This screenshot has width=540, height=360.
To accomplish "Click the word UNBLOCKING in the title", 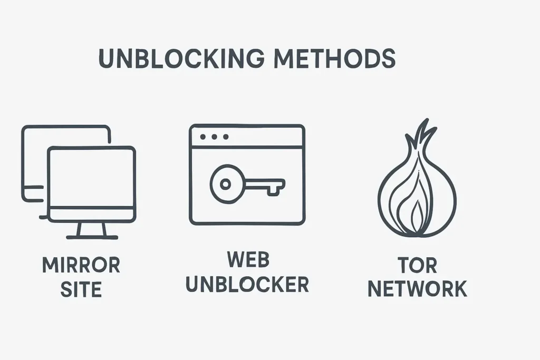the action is click(x=181, y=58).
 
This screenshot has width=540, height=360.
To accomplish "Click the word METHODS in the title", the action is click(x=335, y=58).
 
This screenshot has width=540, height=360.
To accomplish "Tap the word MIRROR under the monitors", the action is click(x=81, y=265).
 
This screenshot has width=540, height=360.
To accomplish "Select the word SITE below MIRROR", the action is click(x=81, y=289).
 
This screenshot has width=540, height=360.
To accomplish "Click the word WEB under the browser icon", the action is click(x=248, y=259).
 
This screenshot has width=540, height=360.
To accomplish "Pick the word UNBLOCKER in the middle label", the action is click(x=248, y=284).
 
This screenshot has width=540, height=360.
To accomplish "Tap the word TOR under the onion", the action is click(x=418, y=265).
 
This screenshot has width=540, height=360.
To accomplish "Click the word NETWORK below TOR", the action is click(x=418, y=289).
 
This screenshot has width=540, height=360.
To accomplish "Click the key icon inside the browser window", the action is click(x=247, y=184).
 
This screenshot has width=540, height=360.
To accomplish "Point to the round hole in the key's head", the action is click(x=225, y=184).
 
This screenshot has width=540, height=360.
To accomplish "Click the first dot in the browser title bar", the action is click(x=203, y=137).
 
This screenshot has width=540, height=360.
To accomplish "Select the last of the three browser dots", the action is click(x=226, y=137).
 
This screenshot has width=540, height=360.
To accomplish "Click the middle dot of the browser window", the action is click(x=214, y=137).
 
